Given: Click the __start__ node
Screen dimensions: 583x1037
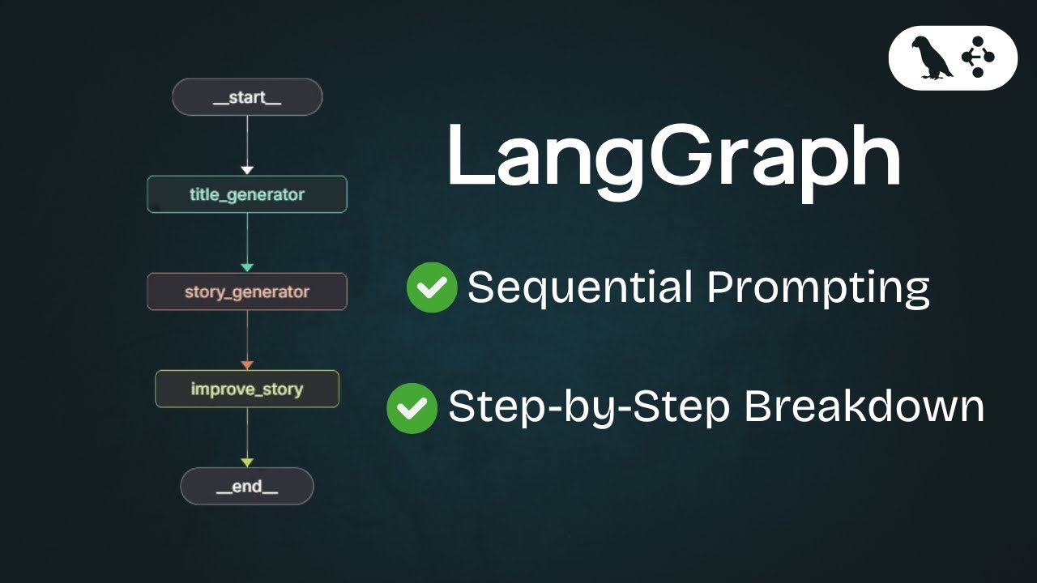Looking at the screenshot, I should [247, 98].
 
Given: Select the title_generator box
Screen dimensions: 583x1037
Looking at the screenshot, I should [247, 194].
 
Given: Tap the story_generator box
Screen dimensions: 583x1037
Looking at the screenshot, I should [247, 291].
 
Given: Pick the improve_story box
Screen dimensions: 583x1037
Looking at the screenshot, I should [247, 389].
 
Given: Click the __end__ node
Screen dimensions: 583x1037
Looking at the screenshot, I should [247, 487].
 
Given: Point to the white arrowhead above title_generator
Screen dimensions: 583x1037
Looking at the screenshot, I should [247, 170].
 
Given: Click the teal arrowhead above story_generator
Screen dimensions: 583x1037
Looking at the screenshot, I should [247, 267].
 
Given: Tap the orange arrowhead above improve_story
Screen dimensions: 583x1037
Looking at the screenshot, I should [247, 365].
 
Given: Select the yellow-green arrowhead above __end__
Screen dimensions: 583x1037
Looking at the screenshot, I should [247, 462].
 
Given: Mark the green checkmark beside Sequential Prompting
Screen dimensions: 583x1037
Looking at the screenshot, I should [432, 288].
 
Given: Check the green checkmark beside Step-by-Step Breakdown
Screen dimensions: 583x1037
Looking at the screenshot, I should [412, 407].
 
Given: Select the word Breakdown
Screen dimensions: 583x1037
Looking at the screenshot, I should [864, 406].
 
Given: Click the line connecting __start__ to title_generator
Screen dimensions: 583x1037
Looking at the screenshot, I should [247, 141].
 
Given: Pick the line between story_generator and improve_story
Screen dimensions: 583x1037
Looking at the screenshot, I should [247, 335].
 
